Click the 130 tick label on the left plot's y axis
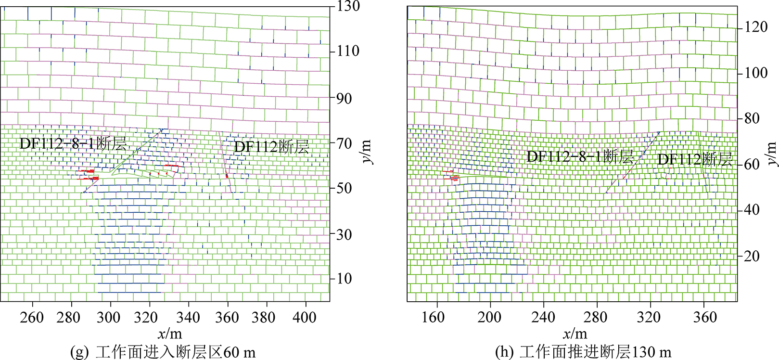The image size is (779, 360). tap(348, 7)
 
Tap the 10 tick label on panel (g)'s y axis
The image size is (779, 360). tap(344, 278)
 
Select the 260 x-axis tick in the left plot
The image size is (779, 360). tap(33, 317)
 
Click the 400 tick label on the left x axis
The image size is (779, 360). tap(305, 317)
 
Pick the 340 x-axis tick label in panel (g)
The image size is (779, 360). tap(188, 317)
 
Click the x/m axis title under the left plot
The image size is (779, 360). tap(169, 334)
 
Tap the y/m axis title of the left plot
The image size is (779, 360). tap(367, 152)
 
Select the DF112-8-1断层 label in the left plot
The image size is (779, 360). tap(73, 143)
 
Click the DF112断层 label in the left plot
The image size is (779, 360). tap(271, 147)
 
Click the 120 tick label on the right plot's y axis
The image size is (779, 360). tap(756, 27)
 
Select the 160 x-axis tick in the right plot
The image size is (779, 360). tap(434, 317)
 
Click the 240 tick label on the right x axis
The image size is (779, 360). tap(543, 317)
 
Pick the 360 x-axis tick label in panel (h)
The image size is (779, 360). tap(705, 317)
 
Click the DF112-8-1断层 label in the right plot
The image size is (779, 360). tap(580, 156)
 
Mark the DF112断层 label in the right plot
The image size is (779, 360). tap(695, 159)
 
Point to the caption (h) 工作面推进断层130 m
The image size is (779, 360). tap(583, 352)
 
